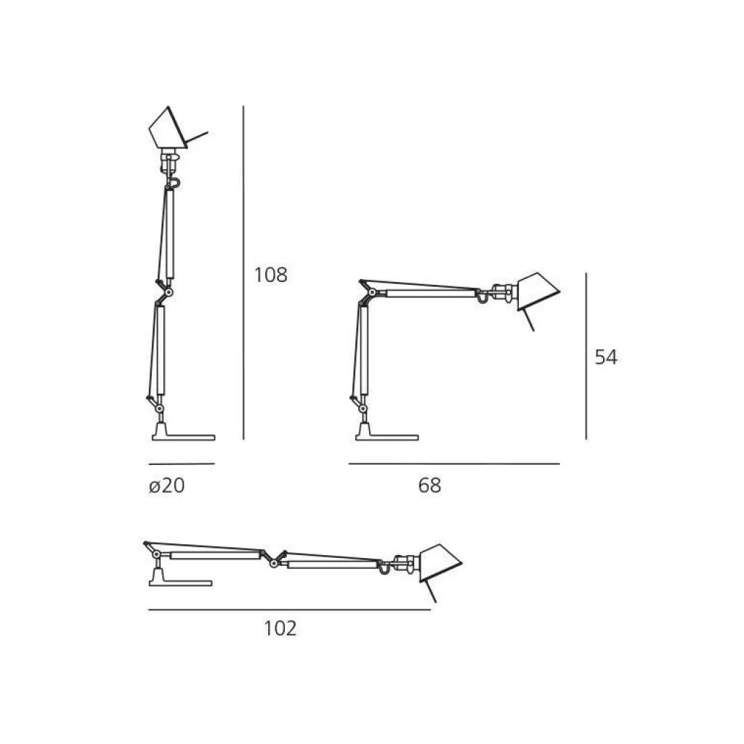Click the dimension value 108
tap(271, 275)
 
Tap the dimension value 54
tap(606, 357)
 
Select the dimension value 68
tap(429, 485)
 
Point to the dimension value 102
tap(280, 628)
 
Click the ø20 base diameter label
tap(167, 485)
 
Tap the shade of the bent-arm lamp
tap(537, 291)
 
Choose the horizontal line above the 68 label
tap(454, 463)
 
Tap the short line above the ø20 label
tap(182, 463)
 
